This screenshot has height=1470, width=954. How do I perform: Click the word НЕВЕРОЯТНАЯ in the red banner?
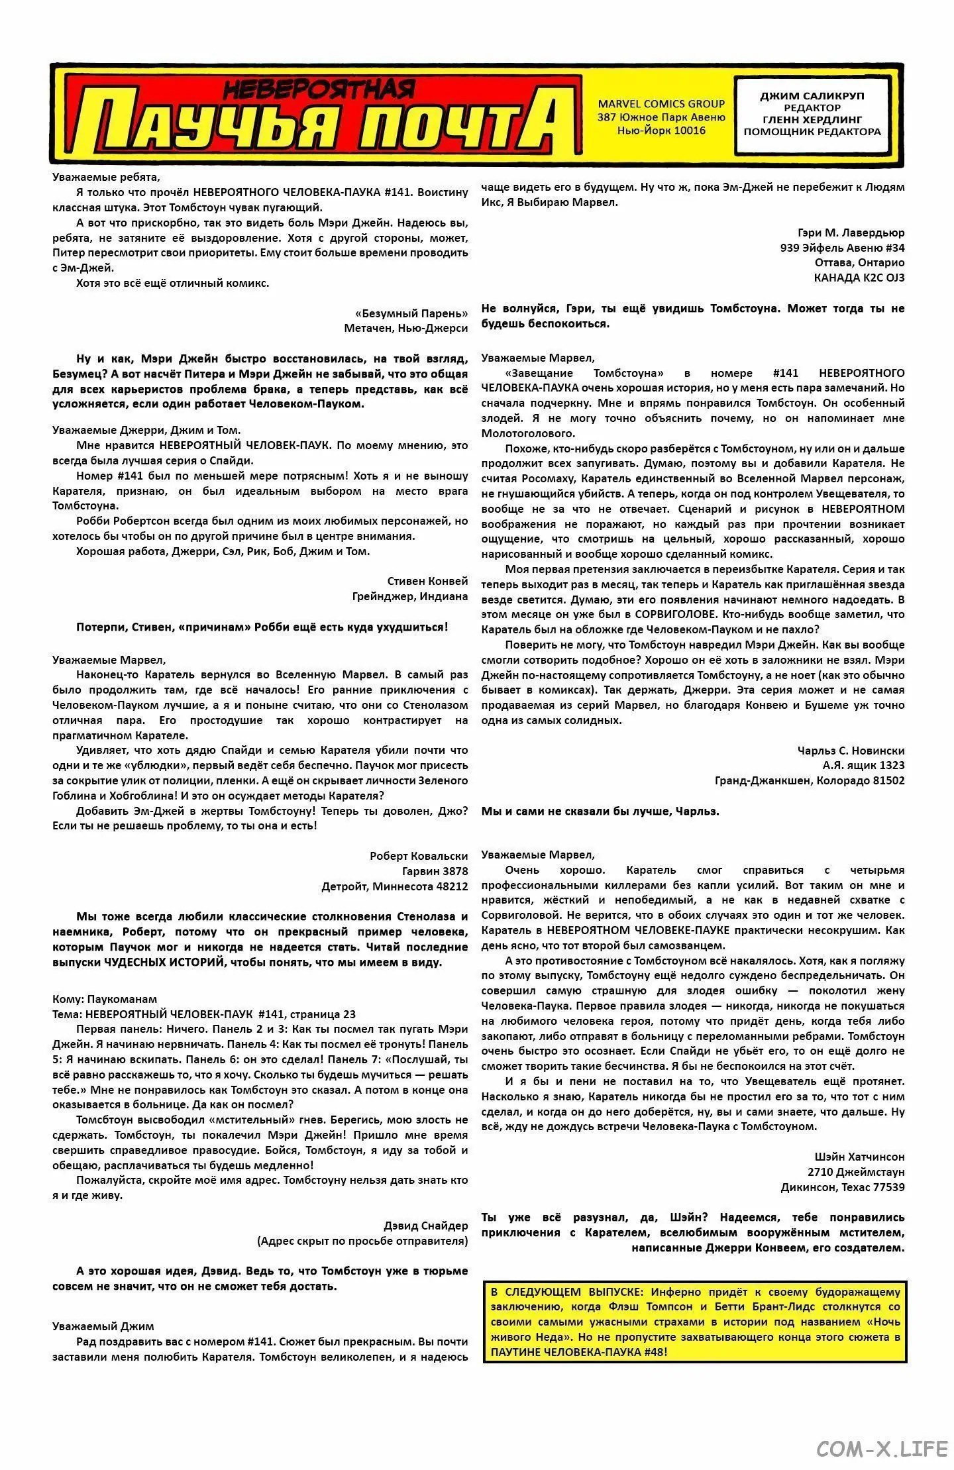tap(319, 87)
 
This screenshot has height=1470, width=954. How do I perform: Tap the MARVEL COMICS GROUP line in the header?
tap(661, 103)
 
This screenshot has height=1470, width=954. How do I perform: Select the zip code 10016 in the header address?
tap(689, 131)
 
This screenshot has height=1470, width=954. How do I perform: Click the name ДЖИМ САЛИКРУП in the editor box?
tap(812, 96)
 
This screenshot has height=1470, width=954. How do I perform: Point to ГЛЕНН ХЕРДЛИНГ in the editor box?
tap(812, 120)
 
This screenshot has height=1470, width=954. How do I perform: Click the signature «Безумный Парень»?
tap(411, 313)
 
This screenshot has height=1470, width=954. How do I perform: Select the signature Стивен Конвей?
tap(427, 581)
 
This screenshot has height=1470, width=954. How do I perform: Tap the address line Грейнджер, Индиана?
tap(409, 596)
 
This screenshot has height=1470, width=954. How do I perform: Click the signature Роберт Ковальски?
tap(418, 856)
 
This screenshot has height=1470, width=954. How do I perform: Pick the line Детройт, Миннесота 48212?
tap(394, 886)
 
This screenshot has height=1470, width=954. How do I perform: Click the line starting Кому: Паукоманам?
tap(105, 999)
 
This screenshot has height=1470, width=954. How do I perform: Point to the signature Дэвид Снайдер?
tap(425, 1226)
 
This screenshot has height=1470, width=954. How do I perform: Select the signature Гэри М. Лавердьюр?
tap(851, 233)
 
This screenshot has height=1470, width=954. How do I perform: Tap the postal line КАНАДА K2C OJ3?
tap(859, 278)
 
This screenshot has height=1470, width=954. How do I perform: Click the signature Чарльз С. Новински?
tap(851, 751)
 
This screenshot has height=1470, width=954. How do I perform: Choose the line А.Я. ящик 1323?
tap(863, 765)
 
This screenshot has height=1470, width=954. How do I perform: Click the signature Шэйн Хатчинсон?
tap(859, 1157)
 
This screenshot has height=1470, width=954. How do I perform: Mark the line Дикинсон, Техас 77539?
tap(843, 1187)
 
